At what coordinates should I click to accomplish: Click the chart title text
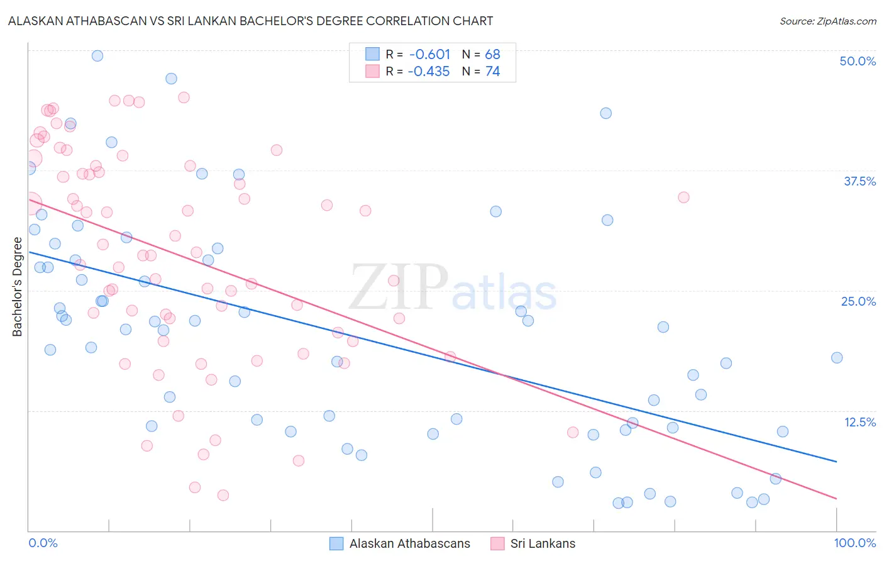coord(250,21)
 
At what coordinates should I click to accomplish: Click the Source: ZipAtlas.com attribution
coord(827,21)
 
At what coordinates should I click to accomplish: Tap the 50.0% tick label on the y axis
coord(858,61)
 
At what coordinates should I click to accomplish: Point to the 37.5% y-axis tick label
coord(859,181)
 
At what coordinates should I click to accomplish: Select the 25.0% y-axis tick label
coord(858,301)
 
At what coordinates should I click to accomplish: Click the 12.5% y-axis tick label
coord(859,422)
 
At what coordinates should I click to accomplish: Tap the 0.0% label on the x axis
coord(43,543)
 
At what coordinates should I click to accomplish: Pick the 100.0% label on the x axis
coord(854,543)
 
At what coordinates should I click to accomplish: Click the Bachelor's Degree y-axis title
coord(18,287)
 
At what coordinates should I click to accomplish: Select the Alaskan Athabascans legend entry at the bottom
coord(409,543)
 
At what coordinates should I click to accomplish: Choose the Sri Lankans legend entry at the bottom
coord(543,543)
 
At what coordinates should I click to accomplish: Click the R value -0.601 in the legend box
coord(429,54)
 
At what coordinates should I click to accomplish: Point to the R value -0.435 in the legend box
coord(429,71)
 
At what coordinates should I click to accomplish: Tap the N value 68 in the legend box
coord(492,54)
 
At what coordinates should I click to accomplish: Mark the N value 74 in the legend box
coord(492,71)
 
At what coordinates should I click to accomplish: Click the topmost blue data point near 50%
coord(97,55)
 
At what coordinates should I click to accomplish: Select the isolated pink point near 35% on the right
coord(683,197)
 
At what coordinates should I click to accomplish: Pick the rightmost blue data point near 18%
coord(837,358)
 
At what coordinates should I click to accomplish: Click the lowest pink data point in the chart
coord(223,495)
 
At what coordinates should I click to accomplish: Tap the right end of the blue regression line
coord(836,462)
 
